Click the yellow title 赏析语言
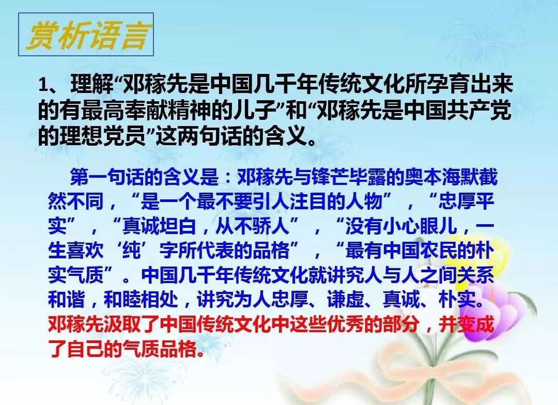(x=86, y=35)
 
